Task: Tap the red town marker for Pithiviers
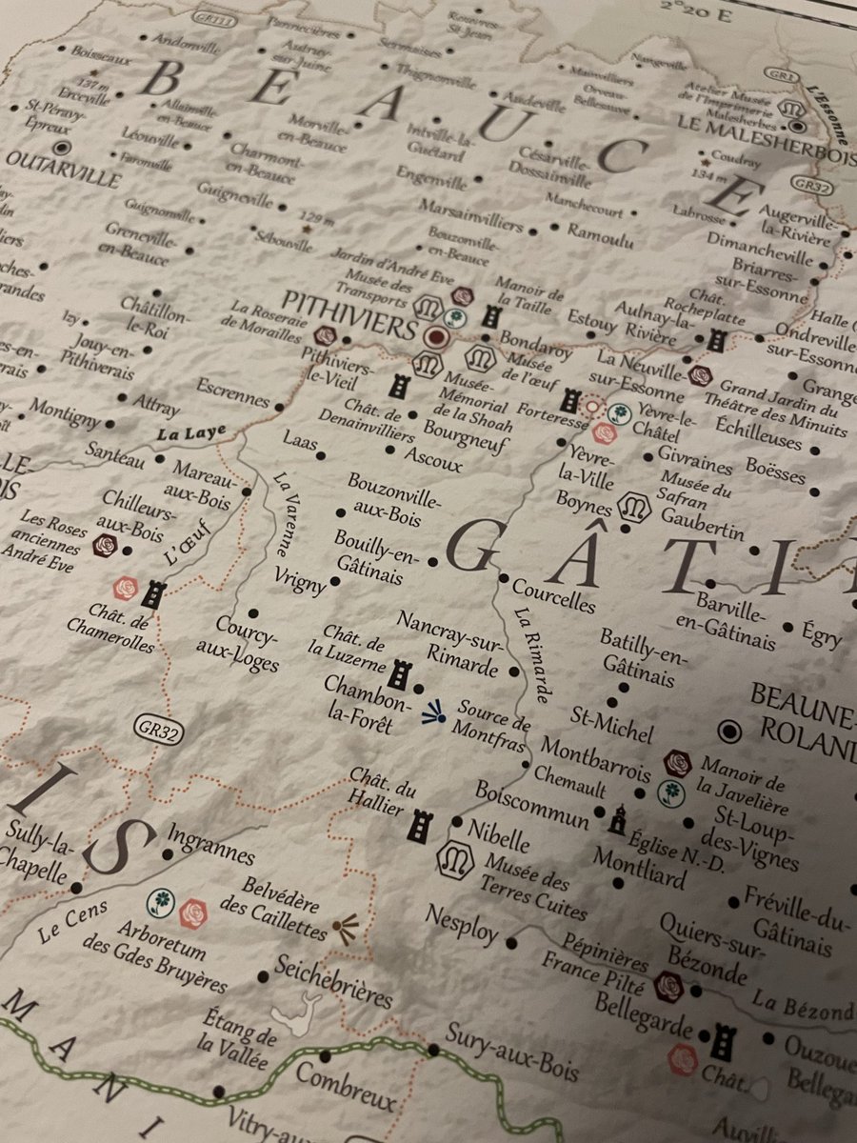click(x=436, y=336)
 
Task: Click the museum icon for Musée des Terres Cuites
click(x=454, y=859)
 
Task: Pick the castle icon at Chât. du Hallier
click(x=419, y=825)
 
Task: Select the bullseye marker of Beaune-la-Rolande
click(x=731, y=731)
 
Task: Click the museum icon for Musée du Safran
click(x=635, y=509)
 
